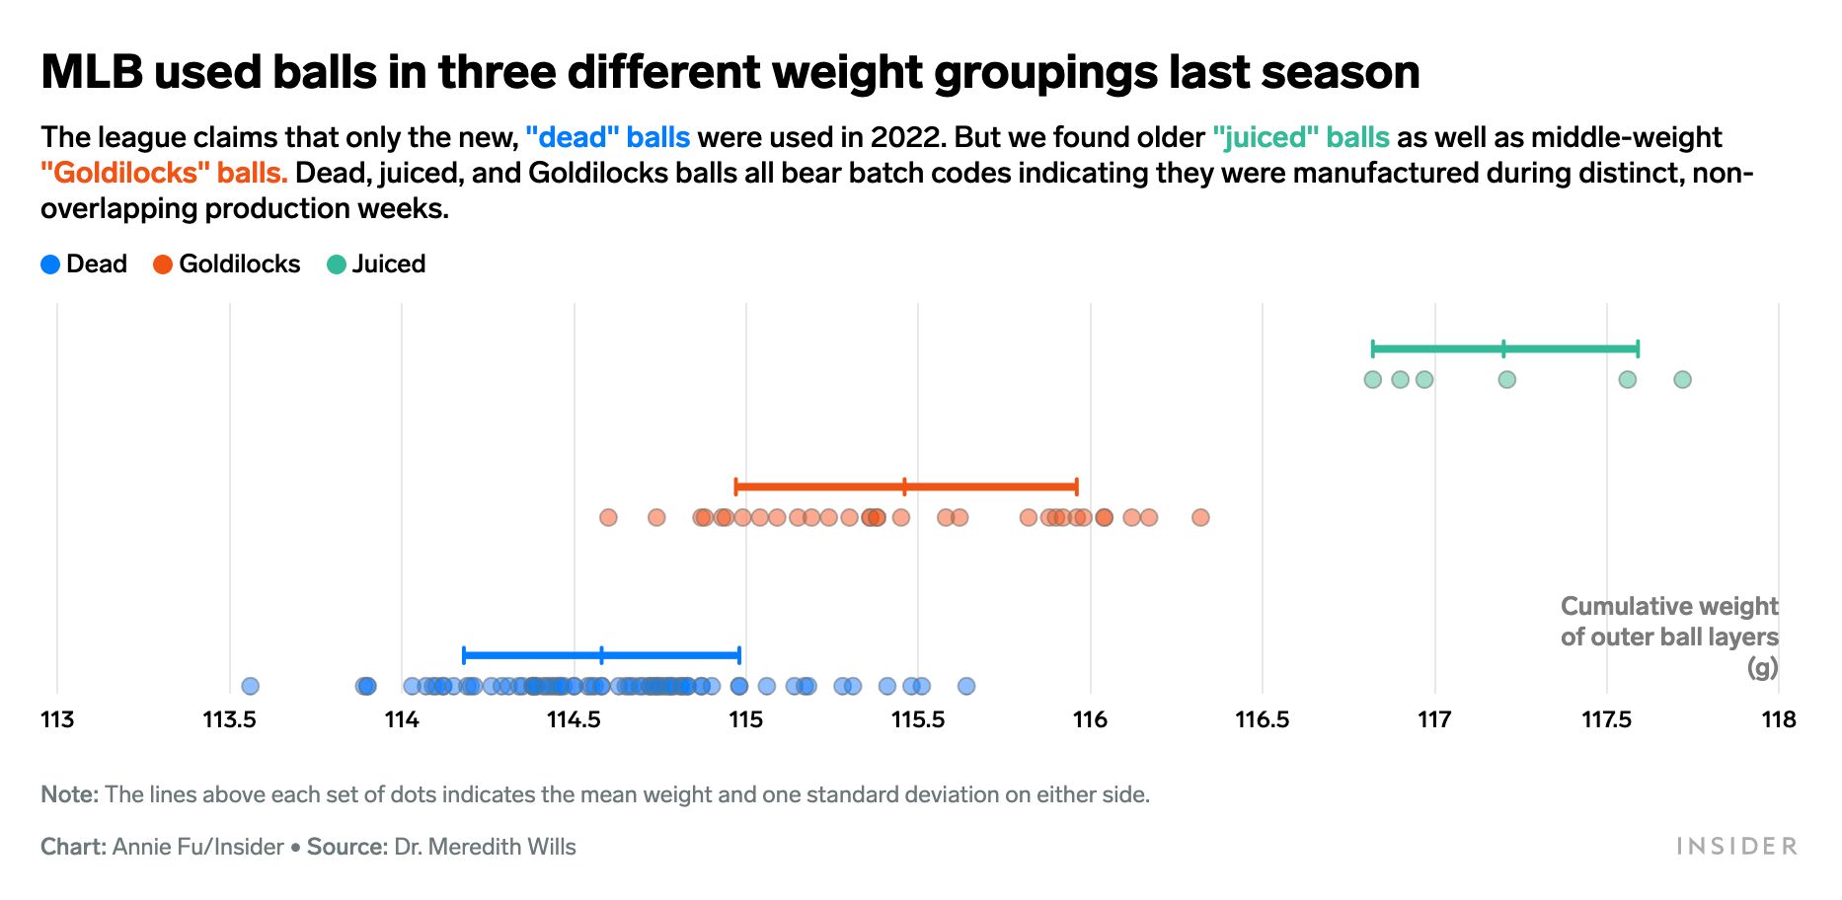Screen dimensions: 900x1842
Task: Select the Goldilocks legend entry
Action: tap(226, 264)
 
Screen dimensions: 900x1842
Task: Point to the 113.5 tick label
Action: tap(229, 720)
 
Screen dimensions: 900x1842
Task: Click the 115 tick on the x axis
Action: tap(746, 720)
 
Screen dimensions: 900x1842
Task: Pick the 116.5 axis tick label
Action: tap(1263, 720)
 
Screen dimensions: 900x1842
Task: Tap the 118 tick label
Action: tap(1779, 720)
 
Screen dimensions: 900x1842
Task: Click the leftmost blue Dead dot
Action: tap(251, 686)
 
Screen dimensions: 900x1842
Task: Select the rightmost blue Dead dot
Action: tap(966, 686)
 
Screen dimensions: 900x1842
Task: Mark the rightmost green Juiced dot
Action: tap(1683, 380)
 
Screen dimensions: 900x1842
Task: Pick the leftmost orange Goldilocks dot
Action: tap(608, 517)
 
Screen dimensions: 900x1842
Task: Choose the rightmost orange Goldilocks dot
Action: tap(1200, 517)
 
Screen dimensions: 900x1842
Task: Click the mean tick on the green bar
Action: tap(1503, 348)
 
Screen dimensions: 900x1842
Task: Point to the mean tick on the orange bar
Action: tap(904, 487)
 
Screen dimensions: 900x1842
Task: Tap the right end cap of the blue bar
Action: tap(739, 655)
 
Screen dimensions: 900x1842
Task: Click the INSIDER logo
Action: tap(1736, 847)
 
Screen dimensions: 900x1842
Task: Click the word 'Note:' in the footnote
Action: tap(69, 795)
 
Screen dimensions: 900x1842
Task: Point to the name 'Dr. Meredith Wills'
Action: tap(485, 848)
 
